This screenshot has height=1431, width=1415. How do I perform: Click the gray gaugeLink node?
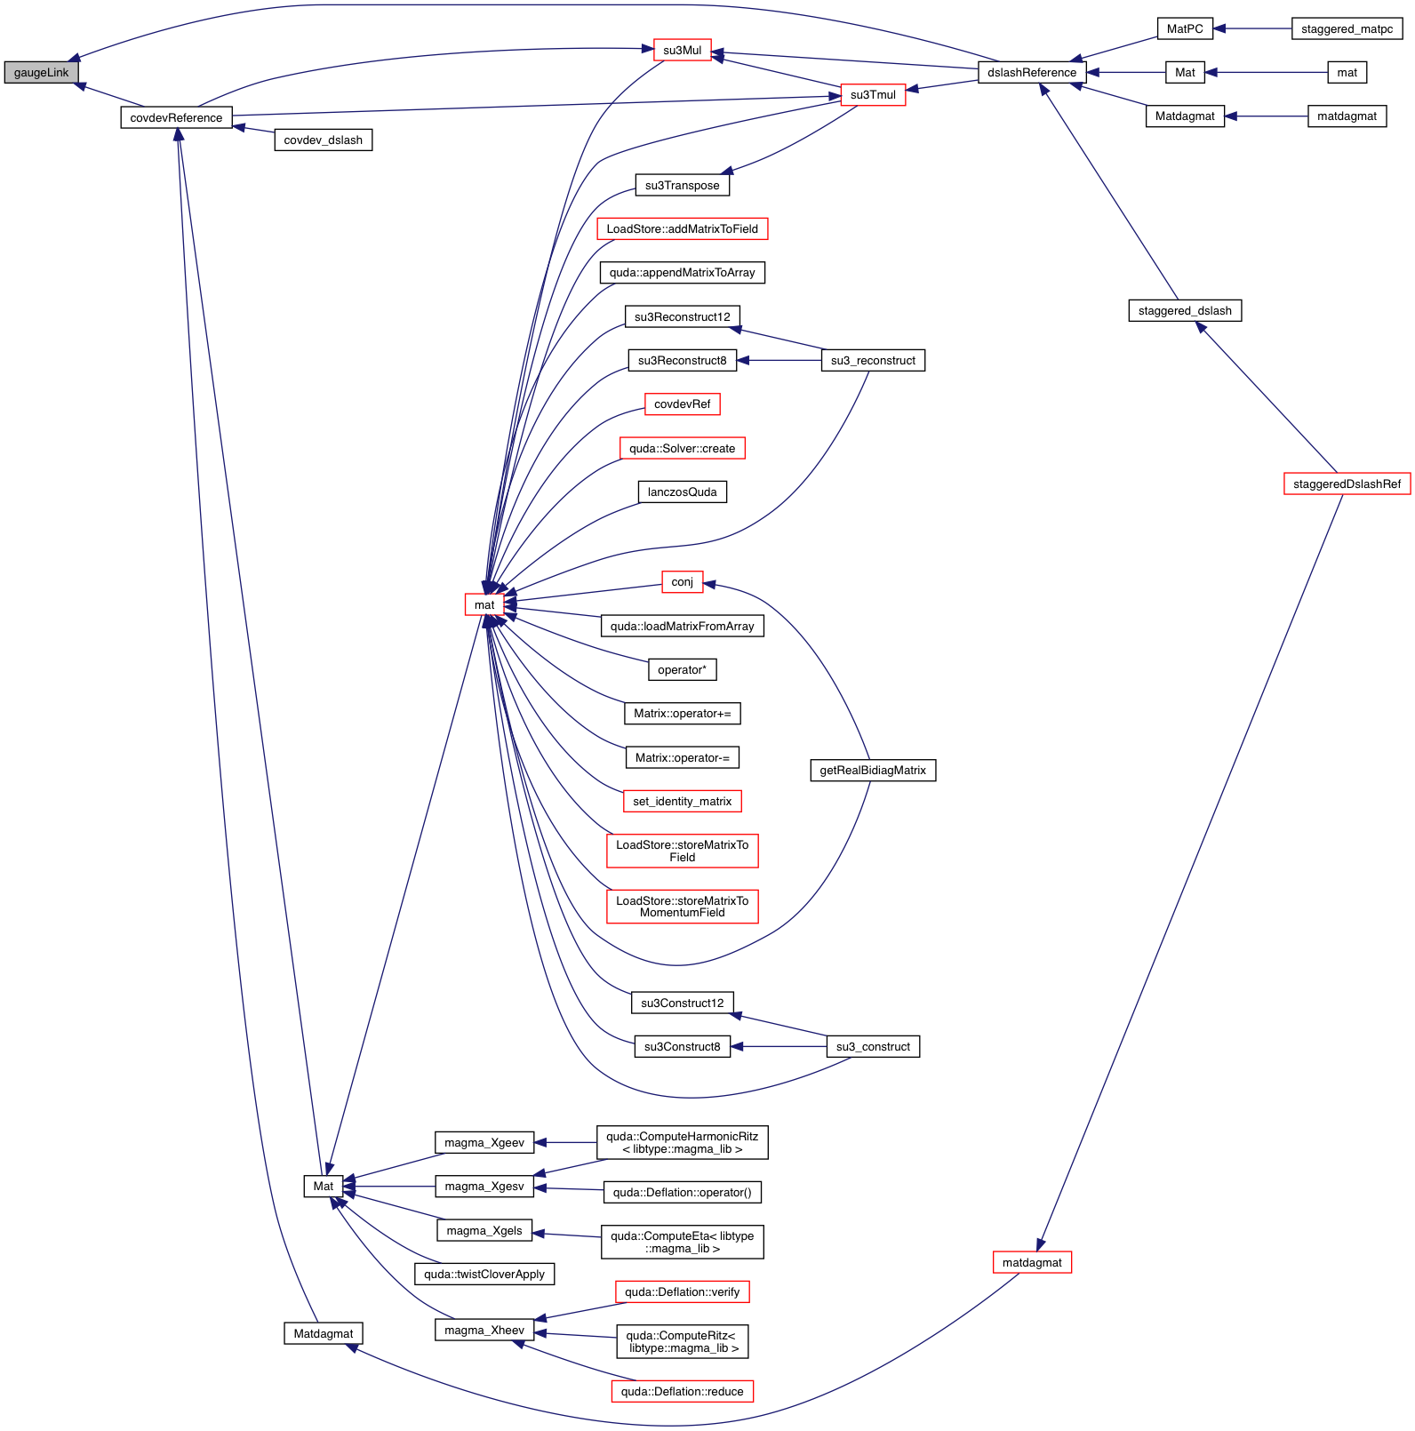coord(41,73)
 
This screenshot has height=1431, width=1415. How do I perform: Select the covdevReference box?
coord(176,117)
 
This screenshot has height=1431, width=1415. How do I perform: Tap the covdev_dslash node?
coord(323,140)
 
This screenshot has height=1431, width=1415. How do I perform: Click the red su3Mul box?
coord(682,51)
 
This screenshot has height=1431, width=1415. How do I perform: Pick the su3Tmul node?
coord(873,95)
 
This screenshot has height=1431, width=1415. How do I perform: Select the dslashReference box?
coord(1031,73)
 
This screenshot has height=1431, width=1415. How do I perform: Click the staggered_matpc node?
coord(1347,29)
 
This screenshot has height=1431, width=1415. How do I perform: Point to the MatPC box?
coord(1185,29)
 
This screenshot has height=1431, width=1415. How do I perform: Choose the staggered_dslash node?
coord(1185,310)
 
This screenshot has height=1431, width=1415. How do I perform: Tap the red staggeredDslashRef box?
coord(1347,484)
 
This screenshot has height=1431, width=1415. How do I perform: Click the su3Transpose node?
coord(682,185)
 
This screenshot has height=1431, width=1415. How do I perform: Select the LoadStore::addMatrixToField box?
coord(682,228)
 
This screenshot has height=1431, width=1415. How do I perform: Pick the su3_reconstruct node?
coord(873,360)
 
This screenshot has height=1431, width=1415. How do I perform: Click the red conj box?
coord(682,581)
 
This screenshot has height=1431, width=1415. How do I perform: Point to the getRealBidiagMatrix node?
coord(873,770)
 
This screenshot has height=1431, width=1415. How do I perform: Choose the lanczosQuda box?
coord(682,492)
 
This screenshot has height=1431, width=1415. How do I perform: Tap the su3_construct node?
coord(873,1046)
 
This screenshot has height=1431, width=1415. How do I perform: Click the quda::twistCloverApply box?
coord(484,1274)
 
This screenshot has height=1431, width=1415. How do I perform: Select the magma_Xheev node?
coord(484,1330)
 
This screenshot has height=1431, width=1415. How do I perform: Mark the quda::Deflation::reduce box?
coord(682,1391)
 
